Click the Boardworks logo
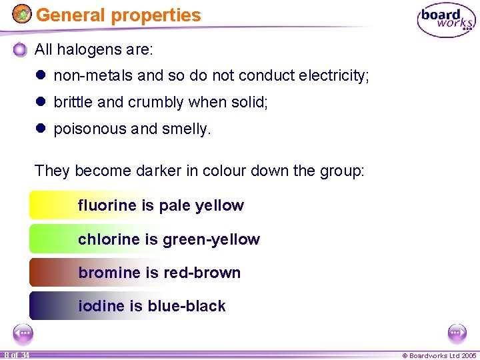447,21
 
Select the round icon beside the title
22,14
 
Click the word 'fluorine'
107,205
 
